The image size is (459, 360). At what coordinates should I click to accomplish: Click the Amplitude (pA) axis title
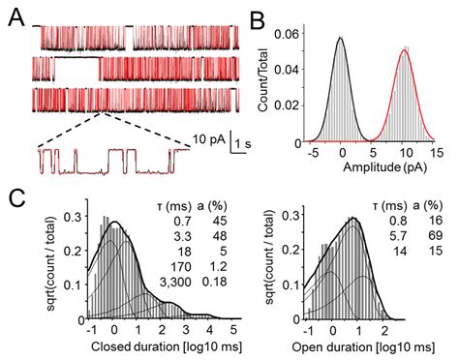tap(372, 166)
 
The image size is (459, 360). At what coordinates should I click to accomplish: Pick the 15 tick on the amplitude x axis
tap(437, 152)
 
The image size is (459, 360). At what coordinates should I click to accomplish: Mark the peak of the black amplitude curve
tap(341, 39)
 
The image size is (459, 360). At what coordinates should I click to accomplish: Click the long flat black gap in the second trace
tap(76, 60)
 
